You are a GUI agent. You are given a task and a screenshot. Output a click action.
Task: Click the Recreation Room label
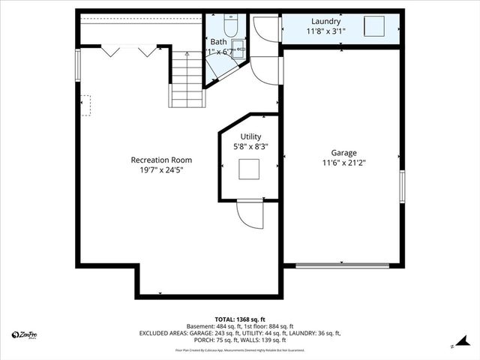[161, 160]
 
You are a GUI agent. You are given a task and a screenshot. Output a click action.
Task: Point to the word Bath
[218, 42]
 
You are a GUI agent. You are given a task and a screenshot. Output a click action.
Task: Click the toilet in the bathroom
[231, 27]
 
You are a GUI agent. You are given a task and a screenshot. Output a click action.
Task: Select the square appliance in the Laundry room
[374, 27]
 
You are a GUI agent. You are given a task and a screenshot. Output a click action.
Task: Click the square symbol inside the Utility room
[249, 169]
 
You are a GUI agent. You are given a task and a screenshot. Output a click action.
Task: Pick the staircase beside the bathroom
[186, 79]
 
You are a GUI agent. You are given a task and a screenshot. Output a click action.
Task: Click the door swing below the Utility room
[250, 214]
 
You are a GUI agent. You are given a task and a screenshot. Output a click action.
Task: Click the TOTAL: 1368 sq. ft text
[239, 319]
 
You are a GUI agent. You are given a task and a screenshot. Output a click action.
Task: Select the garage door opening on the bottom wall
[342, 265]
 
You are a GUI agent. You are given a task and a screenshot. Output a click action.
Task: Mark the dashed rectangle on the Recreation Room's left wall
[86, 105]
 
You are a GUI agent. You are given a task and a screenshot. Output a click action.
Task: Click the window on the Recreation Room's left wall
[77, 64]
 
